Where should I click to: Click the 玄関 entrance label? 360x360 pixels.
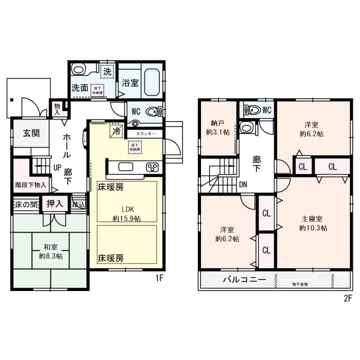[x=32, y=133]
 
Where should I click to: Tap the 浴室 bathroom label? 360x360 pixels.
[x=131, y=83]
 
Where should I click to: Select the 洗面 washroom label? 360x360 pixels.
[x=80, y=88]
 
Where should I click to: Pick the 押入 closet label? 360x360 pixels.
[x=55, y=204]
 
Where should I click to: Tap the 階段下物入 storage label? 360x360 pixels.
[x=28, y=185]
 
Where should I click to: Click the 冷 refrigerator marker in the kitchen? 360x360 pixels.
[x=115, y=129]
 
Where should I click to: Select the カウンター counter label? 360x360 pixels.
[x=146, y=133]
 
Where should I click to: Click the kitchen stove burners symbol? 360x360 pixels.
[x=152, y=167]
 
